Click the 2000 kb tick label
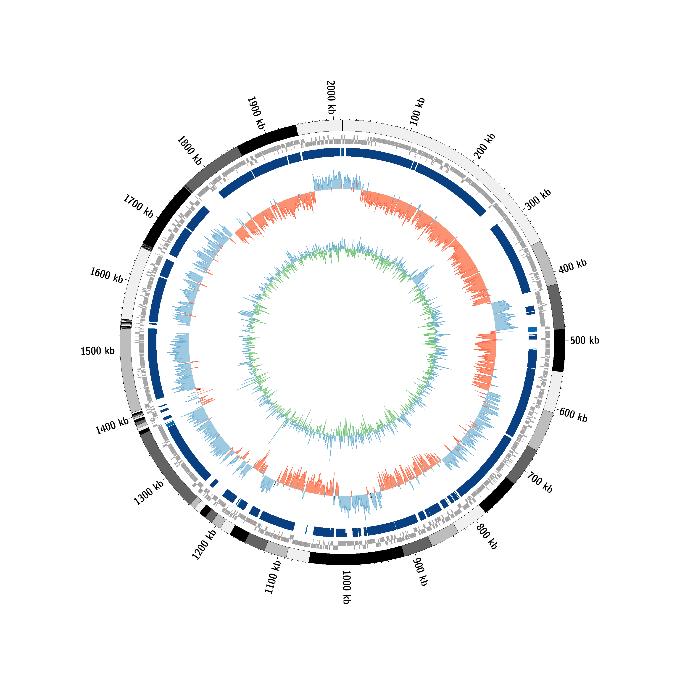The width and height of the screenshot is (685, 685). tap(331, 97)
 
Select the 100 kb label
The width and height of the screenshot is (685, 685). tap(417, 111)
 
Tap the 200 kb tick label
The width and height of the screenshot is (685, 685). tap(484, 146)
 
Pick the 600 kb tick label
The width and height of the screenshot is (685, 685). tap(574, 415)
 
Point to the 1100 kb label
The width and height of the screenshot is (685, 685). tap(273, 577)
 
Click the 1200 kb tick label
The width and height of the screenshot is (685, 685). tap(204, 545)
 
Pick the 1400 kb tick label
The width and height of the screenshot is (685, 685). tap(112, 426)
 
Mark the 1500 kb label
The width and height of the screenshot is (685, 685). tap(98, 351)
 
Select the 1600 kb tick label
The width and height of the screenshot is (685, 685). tap(106, 275)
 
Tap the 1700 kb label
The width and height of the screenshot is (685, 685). tap(138, 206)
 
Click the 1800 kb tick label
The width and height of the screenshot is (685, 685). tap(189, 150)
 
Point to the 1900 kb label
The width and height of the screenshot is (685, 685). tap(256, 113)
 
